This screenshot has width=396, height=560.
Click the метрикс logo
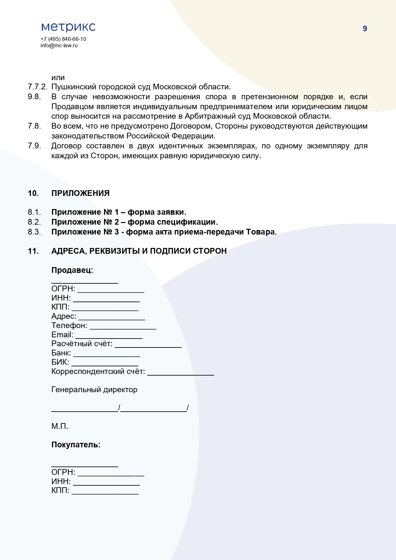[x=68, y=27]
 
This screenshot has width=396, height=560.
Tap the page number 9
[x=365, y=29]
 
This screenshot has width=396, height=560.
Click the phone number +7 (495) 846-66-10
[x=63, y=39]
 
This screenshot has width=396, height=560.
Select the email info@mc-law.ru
[x=59, y=45]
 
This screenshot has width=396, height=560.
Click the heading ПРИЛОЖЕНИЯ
[x=80, y=193]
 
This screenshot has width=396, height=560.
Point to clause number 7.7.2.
[x=37, y=87]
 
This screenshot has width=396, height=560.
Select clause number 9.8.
[x=34, y=97]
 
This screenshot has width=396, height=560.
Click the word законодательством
[x=88, y=136]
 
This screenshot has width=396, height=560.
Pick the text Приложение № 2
[x=85, y=222]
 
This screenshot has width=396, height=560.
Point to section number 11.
[x=33, y=251]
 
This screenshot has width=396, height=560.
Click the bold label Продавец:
[x=72, y=270]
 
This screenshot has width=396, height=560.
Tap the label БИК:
[x=60, y=362]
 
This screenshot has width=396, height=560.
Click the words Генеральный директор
[x=94, y=390]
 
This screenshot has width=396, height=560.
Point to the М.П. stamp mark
[x=60, y=426]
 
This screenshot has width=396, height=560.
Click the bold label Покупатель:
[x=76, y=445]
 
